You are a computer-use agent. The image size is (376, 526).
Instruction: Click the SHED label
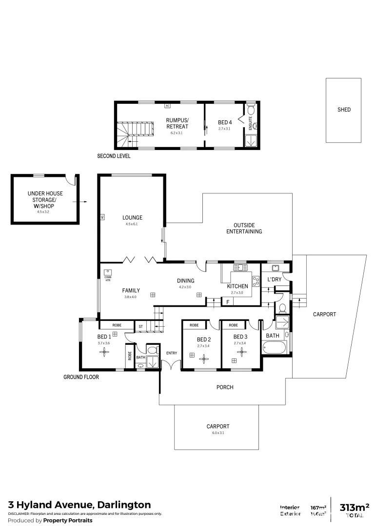point(344,110)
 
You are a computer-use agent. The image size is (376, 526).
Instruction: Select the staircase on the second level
point(134,134)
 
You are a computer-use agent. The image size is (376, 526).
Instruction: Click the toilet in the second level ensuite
point(251,110)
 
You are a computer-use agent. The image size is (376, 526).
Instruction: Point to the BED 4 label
point(225,122)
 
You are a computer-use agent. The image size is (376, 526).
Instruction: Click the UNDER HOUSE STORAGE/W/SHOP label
point(45,200)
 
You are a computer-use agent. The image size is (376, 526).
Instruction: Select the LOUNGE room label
point(132,218)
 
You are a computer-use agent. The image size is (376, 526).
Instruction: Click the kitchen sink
point(240,267)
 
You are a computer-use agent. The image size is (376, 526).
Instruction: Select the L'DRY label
point(275,280)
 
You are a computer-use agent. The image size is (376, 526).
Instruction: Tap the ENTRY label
point(172,353)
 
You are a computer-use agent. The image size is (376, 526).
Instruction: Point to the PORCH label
point(225,387)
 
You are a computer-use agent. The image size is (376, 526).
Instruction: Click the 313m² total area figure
point(354,507)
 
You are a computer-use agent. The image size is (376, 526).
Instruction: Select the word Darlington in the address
point(124,505)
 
